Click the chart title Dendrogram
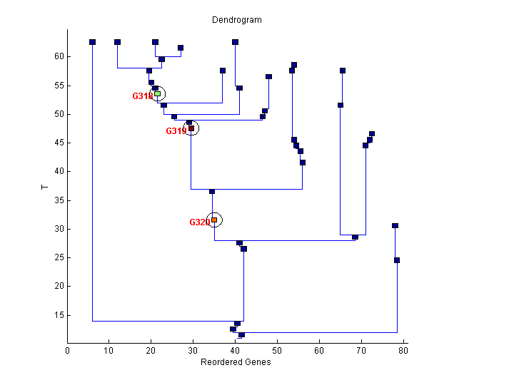pos(236,20)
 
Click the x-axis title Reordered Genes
pos(236,362)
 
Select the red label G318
pos(143,96)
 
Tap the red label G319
pos(176,131)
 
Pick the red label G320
pos(200,222)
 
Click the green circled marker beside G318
pos(158,93)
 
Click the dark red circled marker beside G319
pos(191,128)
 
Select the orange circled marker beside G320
pos(214,220)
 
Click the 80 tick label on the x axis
pos(403,350)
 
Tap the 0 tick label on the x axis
pos(68,350)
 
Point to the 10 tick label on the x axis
pos(109,350)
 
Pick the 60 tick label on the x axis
pos(319,350)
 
